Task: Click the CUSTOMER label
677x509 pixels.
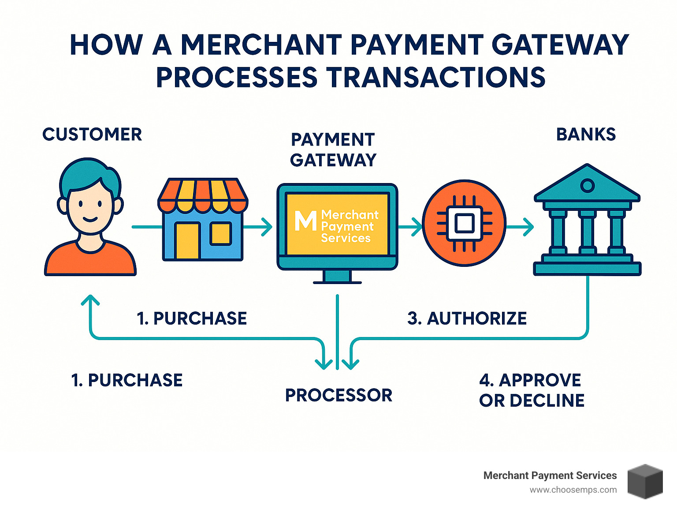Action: click(x=92, y=135)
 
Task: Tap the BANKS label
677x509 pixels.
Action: click(x=586, y=135)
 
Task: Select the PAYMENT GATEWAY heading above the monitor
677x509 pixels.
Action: click(x=333, y=150)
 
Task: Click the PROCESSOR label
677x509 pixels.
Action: click(x=338, y=395)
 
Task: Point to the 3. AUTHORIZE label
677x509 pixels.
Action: click(x=467, y=318)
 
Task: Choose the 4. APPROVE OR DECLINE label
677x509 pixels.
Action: click(x=532, y=390)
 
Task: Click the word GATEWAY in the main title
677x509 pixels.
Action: click(x=560, y=45)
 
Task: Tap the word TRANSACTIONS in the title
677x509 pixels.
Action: click(x=436, y=77)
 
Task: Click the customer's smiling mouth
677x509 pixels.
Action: click(x=90, y=220)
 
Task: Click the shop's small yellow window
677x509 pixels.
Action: click(x=220, y=233)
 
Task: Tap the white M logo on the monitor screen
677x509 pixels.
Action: click(x=305, y=221)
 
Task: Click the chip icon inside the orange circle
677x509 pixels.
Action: click(x=464, y=223)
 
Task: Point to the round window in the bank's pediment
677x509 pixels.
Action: click(x=587, y=186)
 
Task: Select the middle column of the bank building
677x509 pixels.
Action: click(x=587, y=232)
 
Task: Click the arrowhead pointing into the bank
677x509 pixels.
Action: click(x=528, y=227)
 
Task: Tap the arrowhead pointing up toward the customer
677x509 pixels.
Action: click(x=90, y=300)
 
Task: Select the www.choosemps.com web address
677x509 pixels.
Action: click(x=573, y=490)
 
